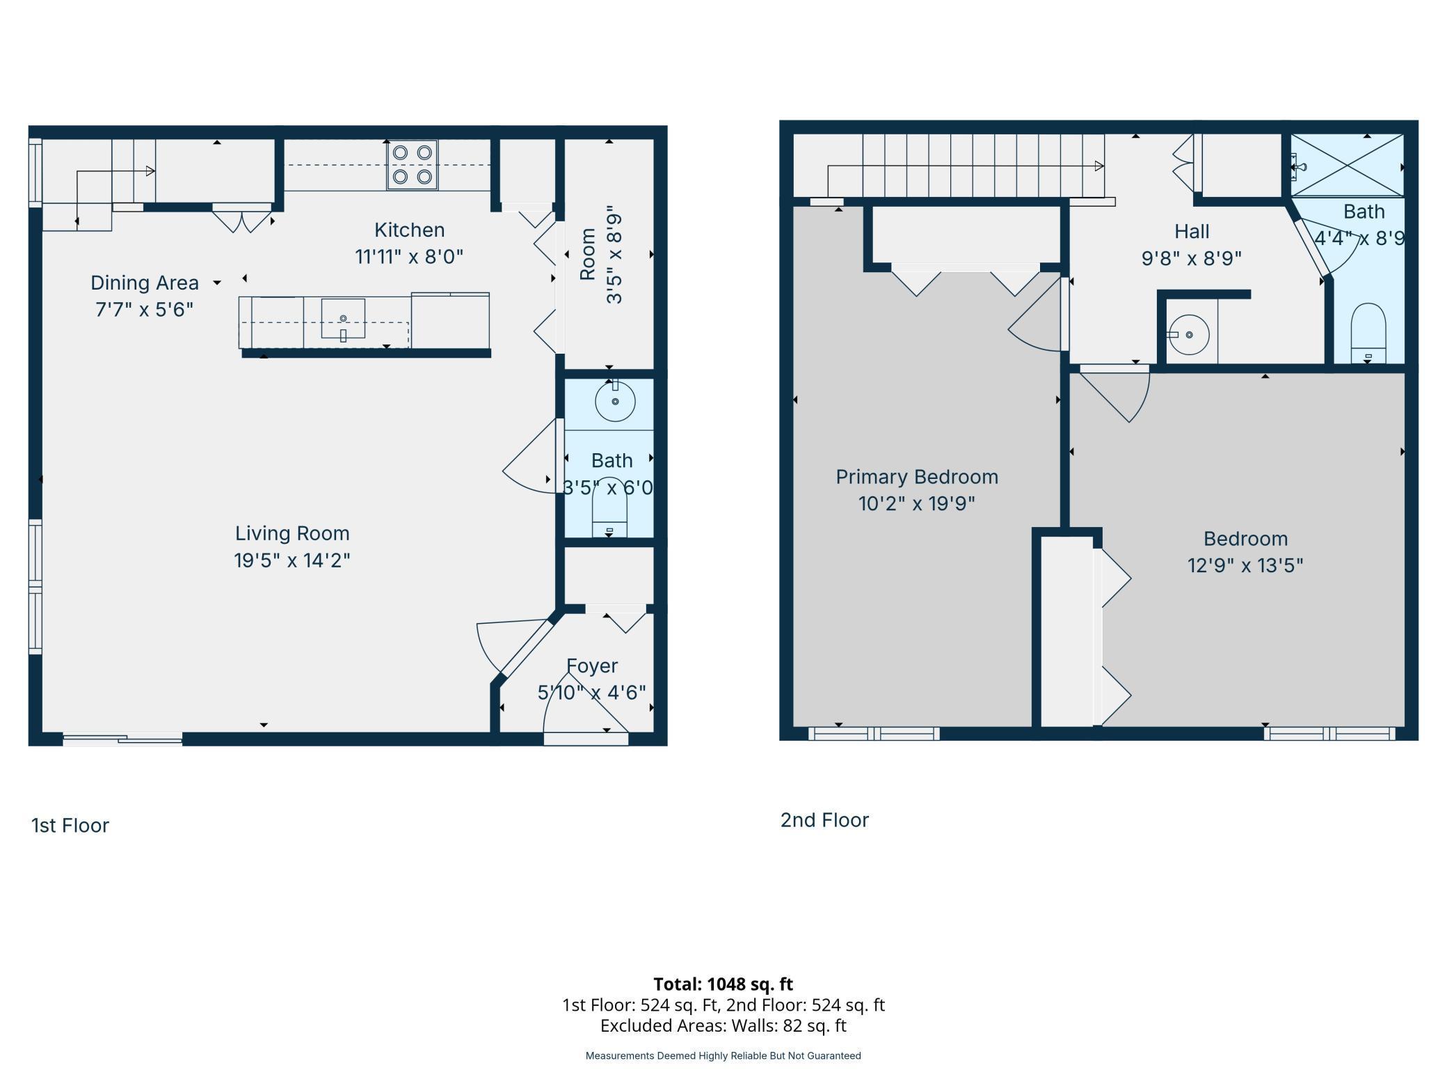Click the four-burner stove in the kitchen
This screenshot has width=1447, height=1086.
[x=413, y=165]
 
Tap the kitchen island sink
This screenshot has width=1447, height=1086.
[x=343, y=319]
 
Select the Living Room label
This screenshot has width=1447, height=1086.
[x=292, y=533]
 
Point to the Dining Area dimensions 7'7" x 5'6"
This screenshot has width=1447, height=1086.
[x=144, y=309]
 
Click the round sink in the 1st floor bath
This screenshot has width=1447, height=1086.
[x=615, y=402]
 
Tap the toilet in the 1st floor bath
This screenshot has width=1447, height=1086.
[x=609, y=507]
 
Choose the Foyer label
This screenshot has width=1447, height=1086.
[x=592, y=666]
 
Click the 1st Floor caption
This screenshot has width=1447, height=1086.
[x=70, y=826]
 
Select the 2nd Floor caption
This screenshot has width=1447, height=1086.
[x=824, y=820]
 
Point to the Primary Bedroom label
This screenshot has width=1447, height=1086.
[x=917, y=477]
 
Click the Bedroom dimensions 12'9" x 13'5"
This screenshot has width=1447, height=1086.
[x=1245, y=565]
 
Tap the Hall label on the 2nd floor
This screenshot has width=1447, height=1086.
[x=1192, y=231]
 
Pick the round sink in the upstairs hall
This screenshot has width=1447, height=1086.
[x=1189, y=335]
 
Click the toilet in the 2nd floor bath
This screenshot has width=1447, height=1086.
[x=1368, y=333]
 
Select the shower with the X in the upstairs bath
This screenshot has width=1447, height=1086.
[x=1347, y=166]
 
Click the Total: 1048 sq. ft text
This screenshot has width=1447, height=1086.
[x=723, y=984]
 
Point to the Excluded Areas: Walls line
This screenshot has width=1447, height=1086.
[x=723, y=1025]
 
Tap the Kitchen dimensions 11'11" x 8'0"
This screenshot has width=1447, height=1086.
[x=409, y=257]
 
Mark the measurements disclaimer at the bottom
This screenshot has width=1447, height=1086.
[x=723, y=1056]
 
